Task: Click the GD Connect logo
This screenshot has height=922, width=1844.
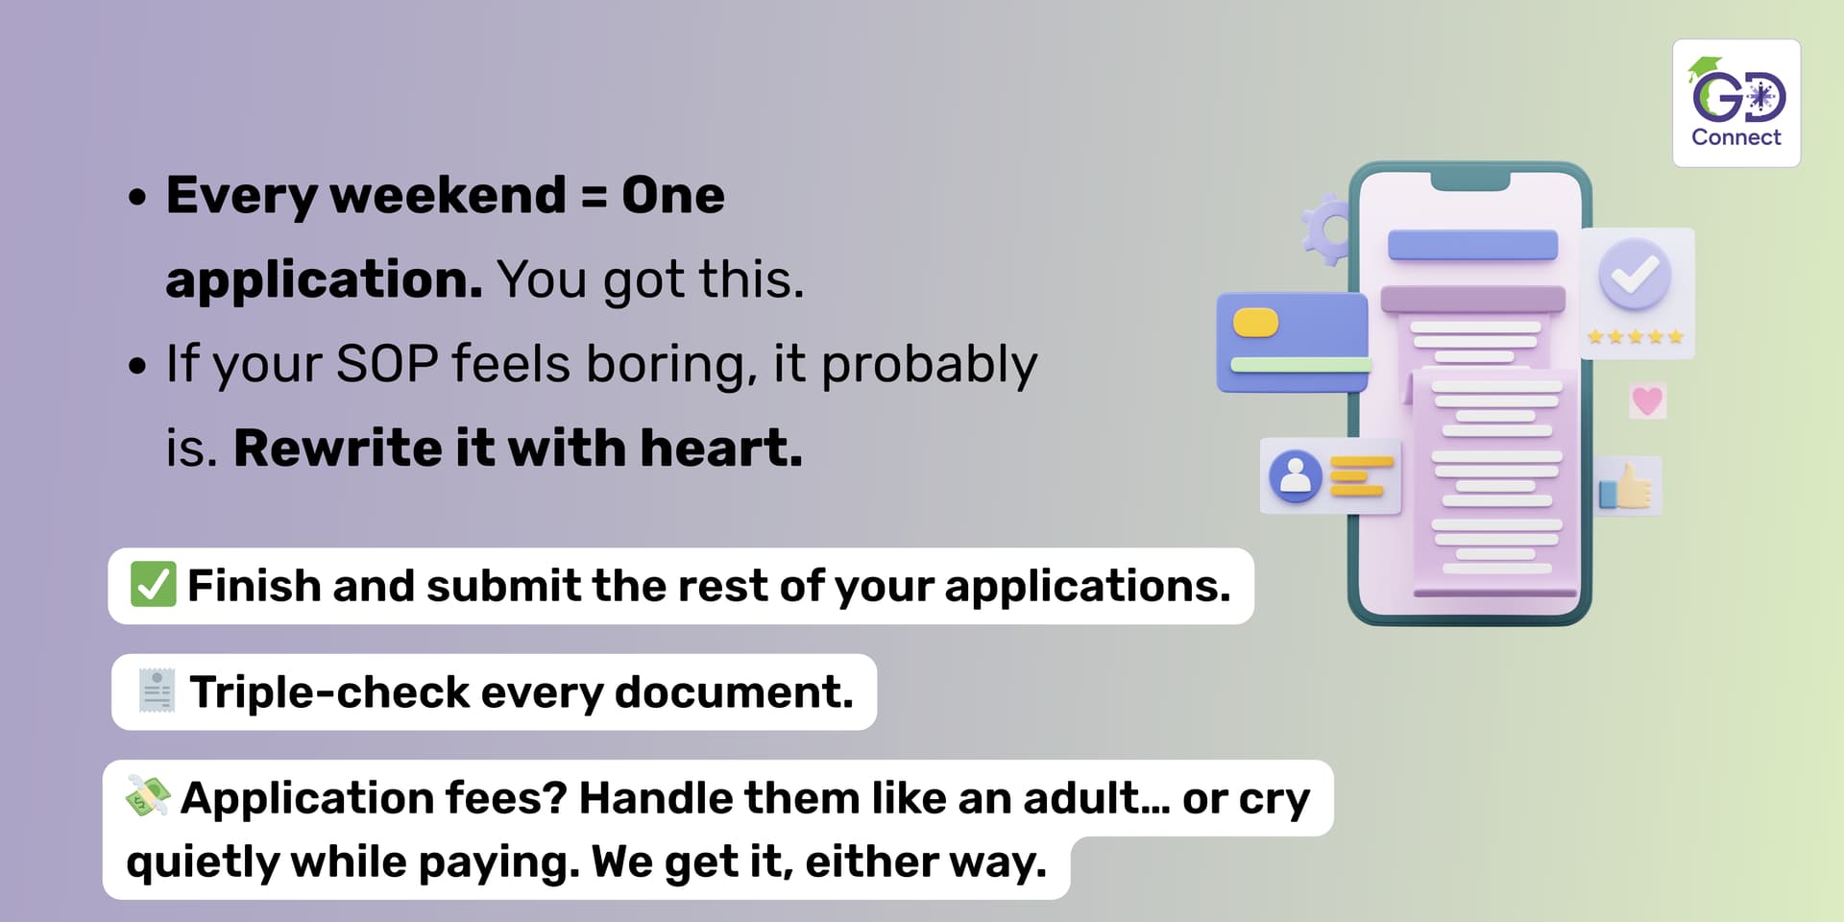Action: coord(1736,103)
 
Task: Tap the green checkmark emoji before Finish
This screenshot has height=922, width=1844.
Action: coord(153,585)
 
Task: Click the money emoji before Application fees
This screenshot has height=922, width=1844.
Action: coord(148,795)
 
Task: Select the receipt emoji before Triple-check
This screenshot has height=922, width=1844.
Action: coord(157,691)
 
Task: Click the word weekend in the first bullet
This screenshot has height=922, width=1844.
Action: coord(449,195)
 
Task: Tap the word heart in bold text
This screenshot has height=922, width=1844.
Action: coord(721,448)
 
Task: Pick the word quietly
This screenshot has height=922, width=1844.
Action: coord(203,862)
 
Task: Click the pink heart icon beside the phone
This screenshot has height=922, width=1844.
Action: coord(1647,400)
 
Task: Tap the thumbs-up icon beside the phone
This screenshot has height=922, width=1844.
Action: coord(1626,486)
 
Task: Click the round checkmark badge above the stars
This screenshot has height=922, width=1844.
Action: coord(1635,274)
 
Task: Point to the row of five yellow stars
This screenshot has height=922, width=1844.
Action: coord(1636,336)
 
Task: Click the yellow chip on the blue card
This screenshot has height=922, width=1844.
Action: coord(1255,323)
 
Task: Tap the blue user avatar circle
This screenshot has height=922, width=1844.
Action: coord(1296,475)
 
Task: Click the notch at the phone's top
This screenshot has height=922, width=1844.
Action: coord(1470,181)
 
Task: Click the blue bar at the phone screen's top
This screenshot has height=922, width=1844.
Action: coord(1472,245)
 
